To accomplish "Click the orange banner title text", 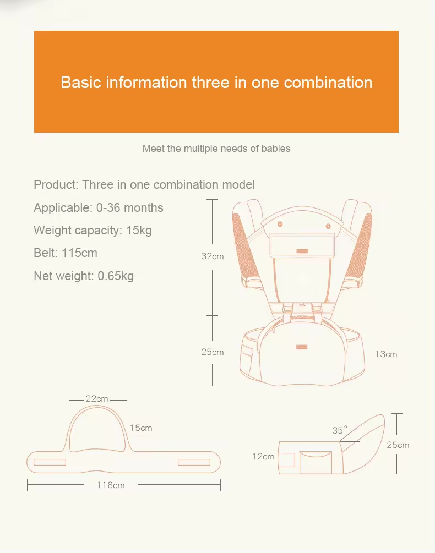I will (216, 83).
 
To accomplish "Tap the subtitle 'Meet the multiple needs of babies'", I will (216, 149).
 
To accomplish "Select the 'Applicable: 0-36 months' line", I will (99, 208).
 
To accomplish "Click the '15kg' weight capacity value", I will (139, 230).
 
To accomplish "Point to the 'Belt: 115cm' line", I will (66, 253).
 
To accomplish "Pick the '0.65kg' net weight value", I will (116, 276).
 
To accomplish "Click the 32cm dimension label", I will (213, 256).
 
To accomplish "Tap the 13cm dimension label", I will (386, 354).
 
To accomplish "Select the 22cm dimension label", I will (97, 399).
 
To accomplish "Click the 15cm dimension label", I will (141, 428).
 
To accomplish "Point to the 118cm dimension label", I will (111, 485).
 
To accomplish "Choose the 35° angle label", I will (340, 430).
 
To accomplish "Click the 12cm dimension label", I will (263, 456).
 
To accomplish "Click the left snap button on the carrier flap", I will (280, 225).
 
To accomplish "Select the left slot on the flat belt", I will (50, 462).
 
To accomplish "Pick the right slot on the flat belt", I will (194, 462).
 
